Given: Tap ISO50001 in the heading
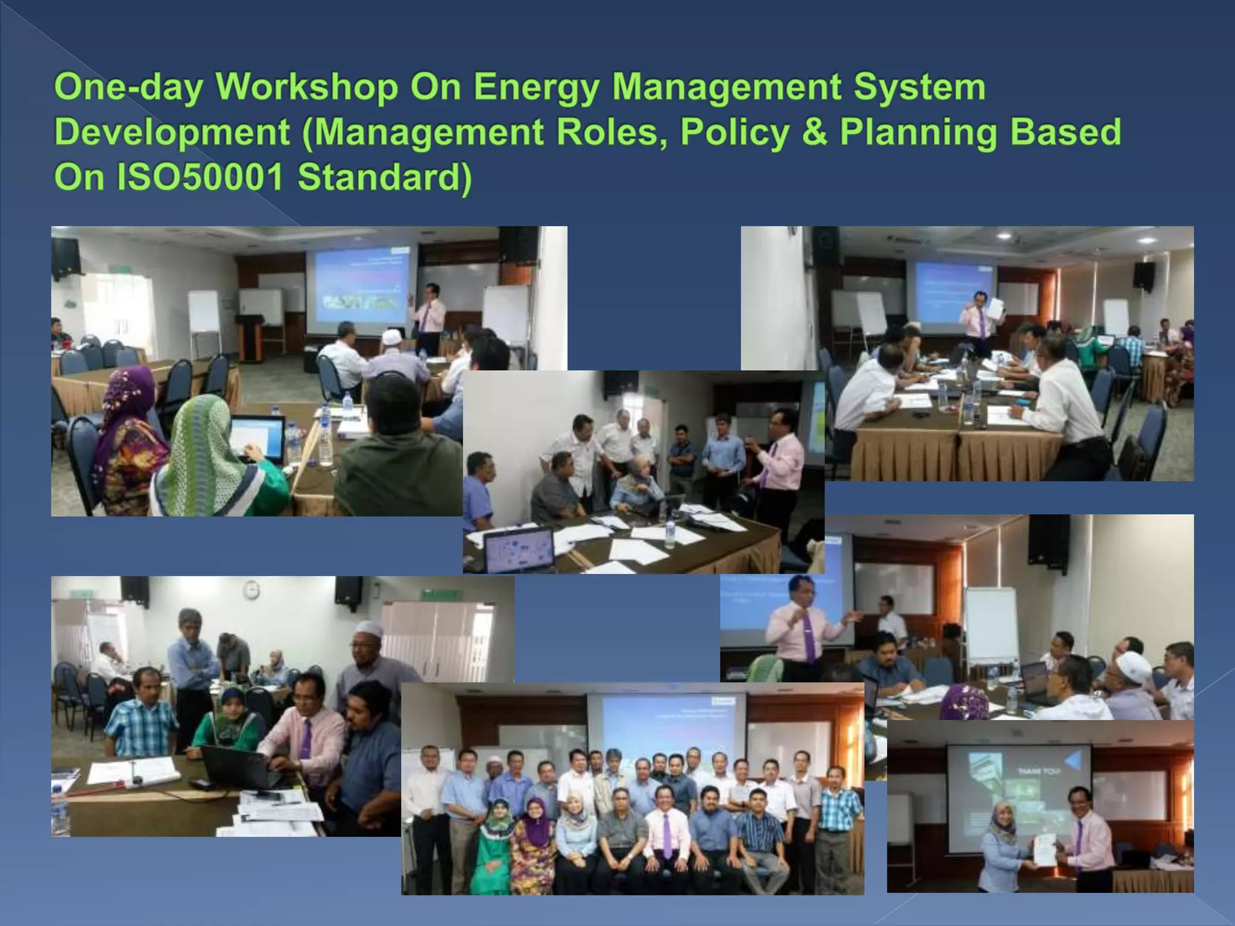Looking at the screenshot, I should pos(200,177).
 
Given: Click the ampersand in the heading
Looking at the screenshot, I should pos(815,132).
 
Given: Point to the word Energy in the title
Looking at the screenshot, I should pos(536,86).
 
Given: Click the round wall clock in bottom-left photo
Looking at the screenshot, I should pos(251,589).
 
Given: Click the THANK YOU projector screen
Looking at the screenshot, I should pos(1019,796).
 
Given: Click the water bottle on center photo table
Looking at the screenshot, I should pos(670,534).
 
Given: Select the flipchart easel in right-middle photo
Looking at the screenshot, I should pos(991,627).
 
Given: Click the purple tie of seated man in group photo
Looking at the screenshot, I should pos(667,836).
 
